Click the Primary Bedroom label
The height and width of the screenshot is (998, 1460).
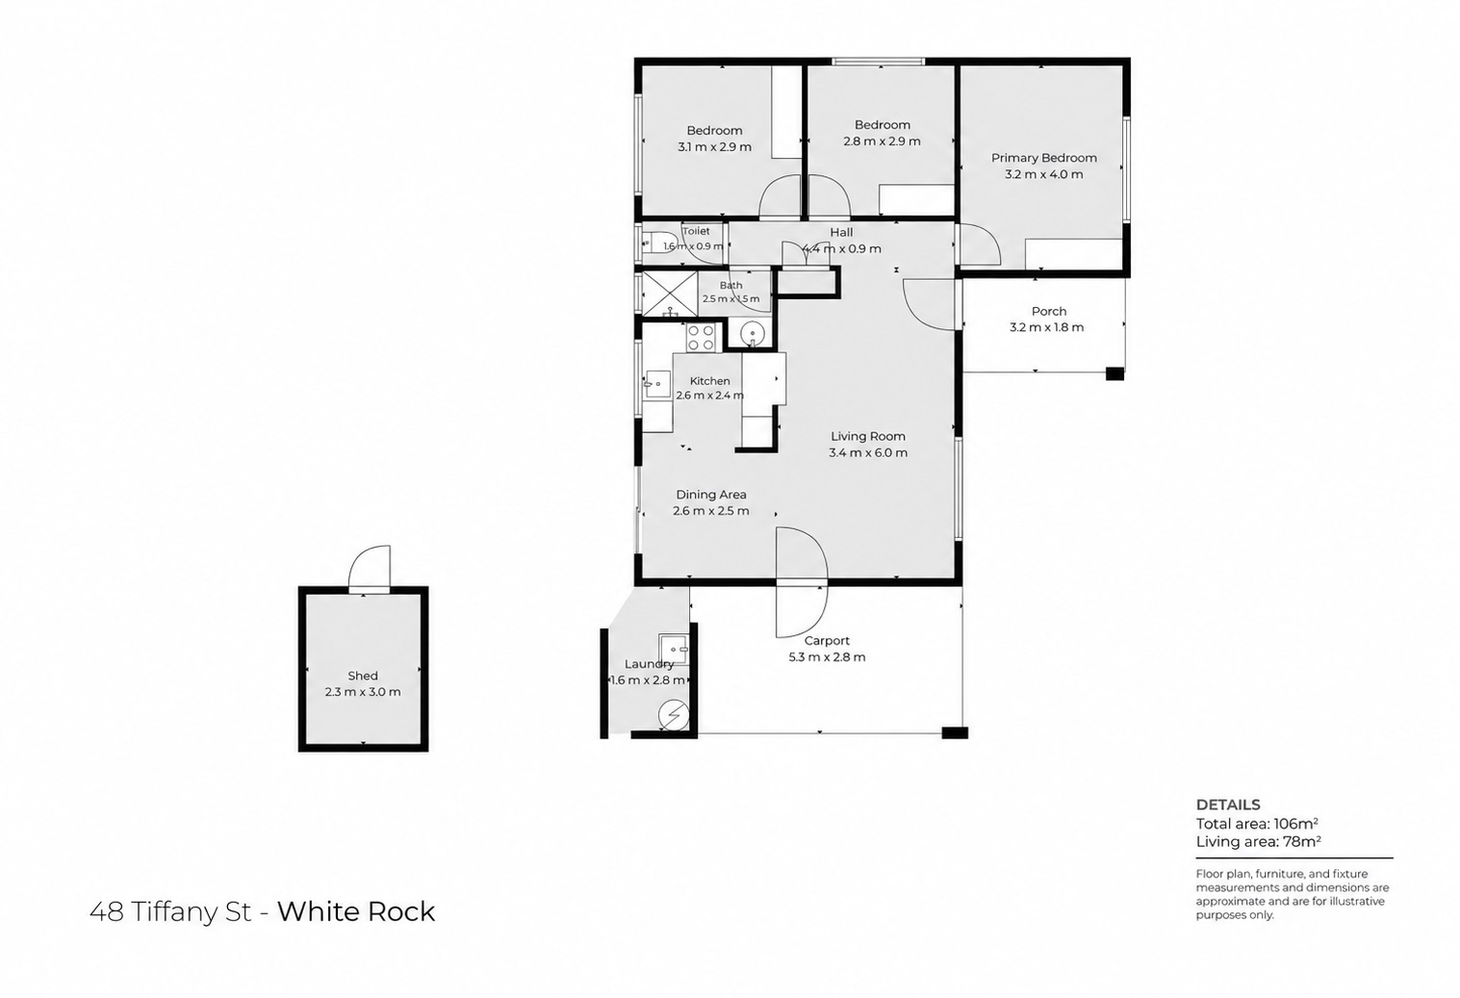1043,158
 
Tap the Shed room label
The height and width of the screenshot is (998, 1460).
363,676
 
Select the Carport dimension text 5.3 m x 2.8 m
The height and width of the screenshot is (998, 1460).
827,657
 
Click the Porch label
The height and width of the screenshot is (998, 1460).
1049,312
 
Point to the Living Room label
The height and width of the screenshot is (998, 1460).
867,436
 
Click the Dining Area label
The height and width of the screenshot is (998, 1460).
711,495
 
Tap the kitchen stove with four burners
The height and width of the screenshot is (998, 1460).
701,338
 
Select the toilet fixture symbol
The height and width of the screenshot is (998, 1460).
652,244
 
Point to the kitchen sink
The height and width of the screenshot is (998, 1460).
657,384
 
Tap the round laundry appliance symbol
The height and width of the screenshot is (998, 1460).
674,716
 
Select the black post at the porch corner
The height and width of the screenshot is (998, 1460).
1115,374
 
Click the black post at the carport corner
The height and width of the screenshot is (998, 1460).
955,732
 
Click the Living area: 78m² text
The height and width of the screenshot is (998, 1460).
1259,841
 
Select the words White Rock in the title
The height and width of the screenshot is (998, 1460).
356,911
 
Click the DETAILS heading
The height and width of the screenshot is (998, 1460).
1228,805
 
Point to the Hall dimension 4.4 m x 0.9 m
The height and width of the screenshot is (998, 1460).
841,248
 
